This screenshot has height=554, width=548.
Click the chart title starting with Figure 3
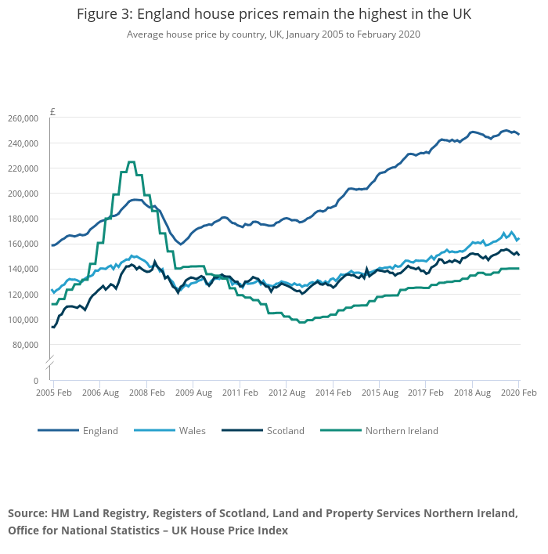click(274, 15)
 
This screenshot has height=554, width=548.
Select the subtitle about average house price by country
click(274, 34)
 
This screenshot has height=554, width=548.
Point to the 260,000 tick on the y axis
click(23, 118)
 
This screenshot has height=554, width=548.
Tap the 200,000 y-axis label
click(23, 194)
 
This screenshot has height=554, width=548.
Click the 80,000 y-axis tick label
click(26, 345)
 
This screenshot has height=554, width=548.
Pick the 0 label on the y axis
click(35, 381)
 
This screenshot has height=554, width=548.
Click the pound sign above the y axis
click(52, 111)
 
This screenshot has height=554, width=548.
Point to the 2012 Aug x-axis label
click(286, 392)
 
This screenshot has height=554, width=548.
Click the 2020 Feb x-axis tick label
click(517, 392)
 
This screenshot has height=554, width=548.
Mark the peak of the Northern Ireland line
click(131, 162)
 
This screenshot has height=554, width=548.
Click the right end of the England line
click(518, 135)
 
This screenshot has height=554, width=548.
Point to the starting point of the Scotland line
click(52, 327)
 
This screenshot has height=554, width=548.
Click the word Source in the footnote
click(27, 514)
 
